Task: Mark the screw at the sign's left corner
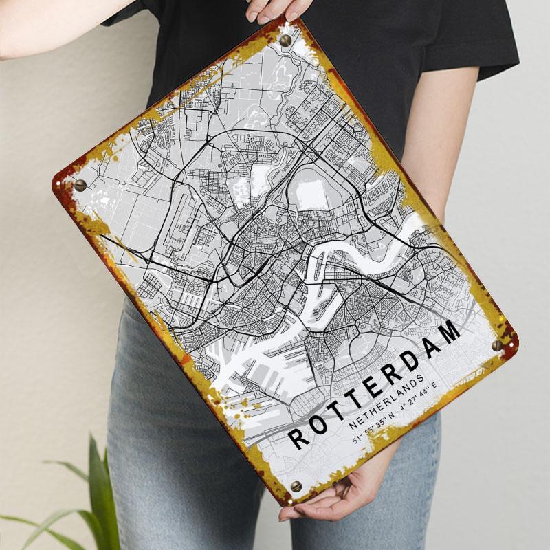point(80,185)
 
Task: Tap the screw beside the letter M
point(497,345)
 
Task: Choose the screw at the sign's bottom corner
point(296,487)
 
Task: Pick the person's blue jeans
point(172,447)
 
